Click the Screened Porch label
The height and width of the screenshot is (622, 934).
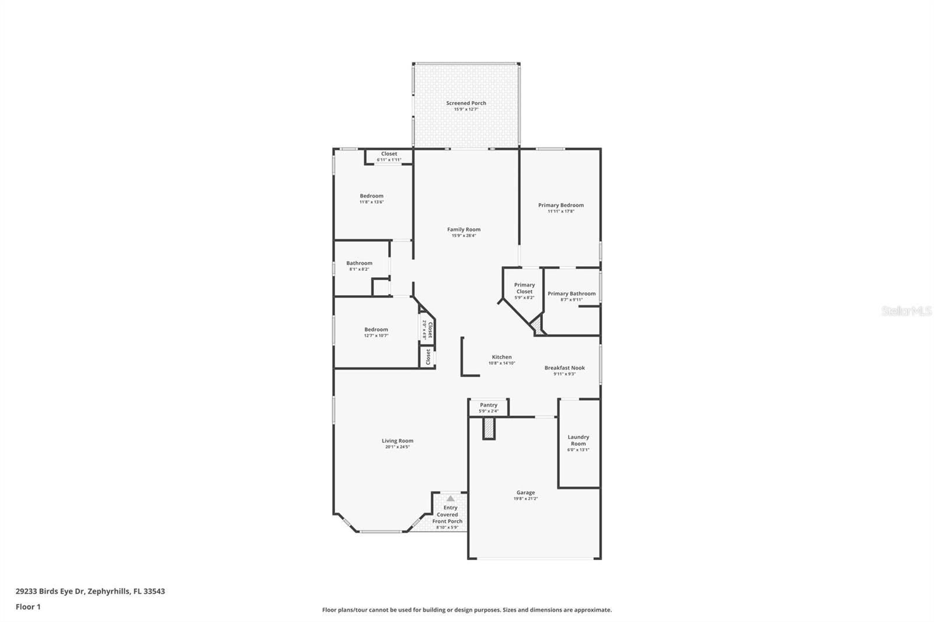point(466,103)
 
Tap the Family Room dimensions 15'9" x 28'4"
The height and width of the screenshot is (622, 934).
point(463,236)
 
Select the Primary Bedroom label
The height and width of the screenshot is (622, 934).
point(560,205)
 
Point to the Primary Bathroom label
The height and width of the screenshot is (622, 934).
point(571,293)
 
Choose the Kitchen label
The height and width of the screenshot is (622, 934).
point(501,357)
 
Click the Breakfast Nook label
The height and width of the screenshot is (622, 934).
point(564,368)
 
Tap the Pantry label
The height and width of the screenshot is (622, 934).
point(489,405)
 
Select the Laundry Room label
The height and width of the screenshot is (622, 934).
point(578,440)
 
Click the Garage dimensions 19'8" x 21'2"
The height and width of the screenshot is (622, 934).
point(525,499)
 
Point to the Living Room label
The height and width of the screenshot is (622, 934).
point(398,441)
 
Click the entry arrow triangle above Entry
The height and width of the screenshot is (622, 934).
point(450,499)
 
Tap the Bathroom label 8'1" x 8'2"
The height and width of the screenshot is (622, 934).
point(359,266)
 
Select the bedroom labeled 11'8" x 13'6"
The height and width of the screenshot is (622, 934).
point(371,198)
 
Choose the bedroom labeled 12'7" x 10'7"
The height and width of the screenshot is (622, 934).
point(376,332)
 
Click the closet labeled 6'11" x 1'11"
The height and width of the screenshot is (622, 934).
point(389,156)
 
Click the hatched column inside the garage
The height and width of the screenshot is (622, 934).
point(489,429)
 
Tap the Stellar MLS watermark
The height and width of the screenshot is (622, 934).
point(906,312)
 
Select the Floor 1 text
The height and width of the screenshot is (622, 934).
point(28,607)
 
